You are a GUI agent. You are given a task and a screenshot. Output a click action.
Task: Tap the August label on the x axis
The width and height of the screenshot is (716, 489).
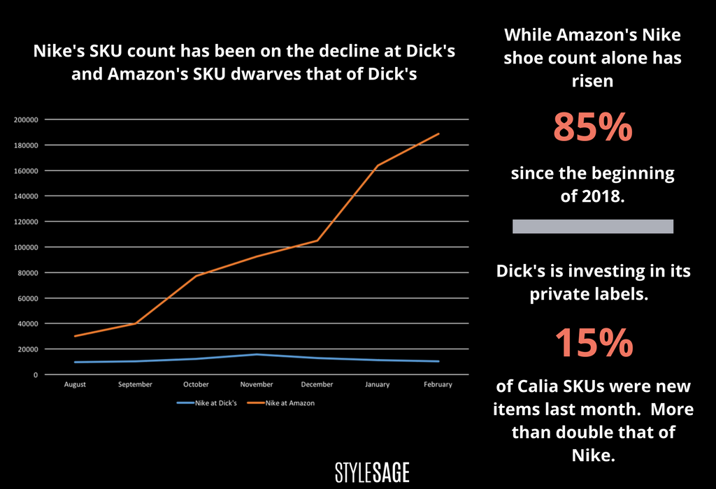point(75,385)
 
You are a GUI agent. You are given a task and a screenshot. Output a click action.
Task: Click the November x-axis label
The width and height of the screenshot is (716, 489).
point(257,385)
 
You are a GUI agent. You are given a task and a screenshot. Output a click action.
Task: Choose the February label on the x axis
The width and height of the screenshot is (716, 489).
point(438,385)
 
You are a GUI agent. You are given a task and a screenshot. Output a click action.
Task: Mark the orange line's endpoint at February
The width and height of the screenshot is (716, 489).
point(438,133)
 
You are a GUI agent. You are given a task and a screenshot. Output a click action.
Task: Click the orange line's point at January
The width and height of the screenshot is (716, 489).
point(378,166)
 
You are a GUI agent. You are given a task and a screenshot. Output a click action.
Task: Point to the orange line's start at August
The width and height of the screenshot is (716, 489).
point(75,336)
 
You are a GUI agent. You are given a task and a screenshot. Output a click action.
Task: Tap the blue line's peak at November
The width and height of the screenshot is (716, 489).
point(257,354)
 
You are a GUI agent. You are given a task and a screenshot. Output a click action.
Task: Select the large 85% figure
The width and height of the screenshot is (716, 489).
point(593,128)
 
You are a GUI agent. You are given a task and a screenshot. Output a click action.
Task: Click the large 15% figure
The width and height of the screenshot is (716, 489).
point(593,343)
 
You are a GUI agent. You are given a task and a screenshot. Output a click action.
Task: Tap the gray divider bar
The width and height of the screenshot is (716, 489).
point(593,226)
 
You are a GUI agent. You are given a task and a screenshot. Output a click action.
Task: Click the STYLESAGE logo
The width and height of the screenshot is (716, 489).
point(371,472)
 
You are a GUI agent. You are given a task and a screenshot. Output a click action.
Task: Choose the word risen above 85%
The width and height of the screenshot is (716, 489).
point(593,81)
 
